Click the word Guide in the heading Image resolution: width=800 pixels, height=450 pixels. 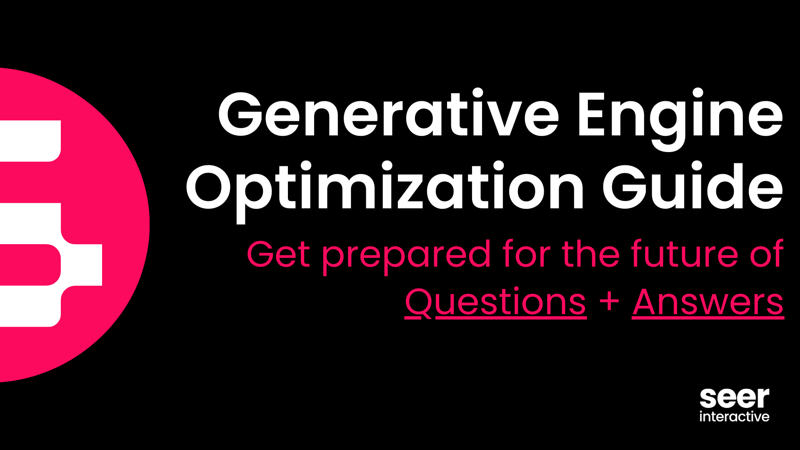[x=692, y=187]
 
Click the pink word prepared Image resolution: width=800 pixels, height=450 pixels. [x=407, y=255]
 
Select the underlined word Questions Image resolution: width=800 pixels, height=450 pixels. [x=495, y=302]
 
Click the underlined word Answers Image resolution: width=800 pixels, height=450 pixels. [x=707, y=302]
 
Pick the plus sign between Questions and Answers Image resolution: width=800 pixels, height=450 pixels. [x=609, y=301]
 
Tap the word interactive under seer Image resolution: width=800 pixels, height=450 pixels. [x=734, y=417]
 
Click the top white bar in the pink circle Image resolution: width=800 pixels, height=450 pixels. [x=29, y=141]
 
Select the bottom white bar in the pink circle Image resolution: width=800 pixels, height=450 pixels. [x=29, y=306]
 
